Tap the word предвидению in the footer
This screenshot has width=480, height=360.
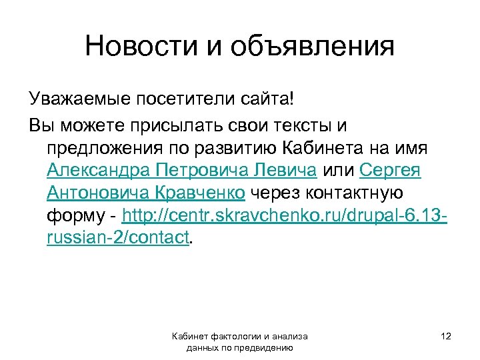[266, 347]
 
